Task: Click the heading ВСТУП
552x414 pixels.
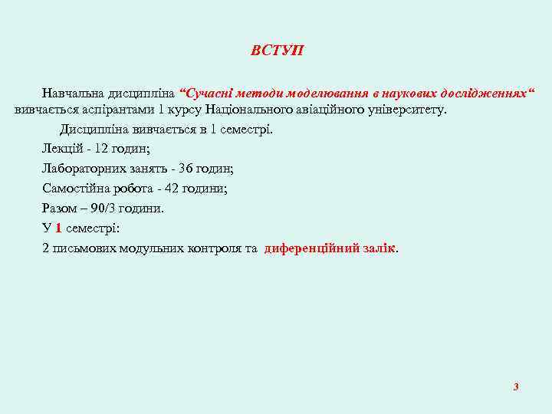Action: click(x=277, y=51)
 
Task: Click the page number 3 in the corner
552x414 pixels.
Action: click(x=516, y=386)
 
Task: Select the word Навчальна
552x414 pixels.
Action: click(x=74, y=94)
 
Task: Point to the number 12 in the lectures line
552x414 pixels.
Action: click(x=102, y=149)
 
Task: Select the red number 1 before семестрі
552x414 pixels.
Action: click(x=58, y=228)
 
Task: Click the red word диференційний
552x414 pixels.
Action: click(x=309, y=248)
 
